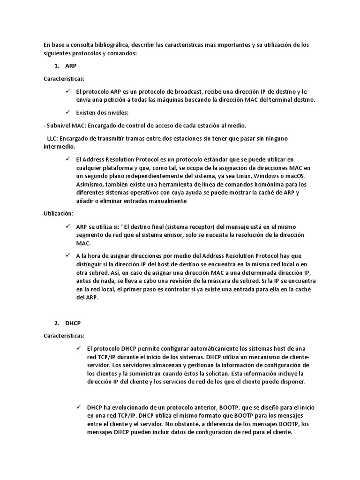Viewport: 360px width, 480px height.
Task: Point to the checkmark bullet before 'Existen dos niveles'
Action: click(69, 112)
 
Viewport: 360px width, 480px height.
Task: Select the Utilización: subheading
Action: click(59, 213)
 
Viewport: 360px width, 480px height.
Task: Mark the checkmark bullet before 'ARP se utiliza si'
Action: click(69, 226)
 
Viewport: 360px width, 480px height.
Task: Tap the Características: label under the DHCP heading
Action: click(64, 336)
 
